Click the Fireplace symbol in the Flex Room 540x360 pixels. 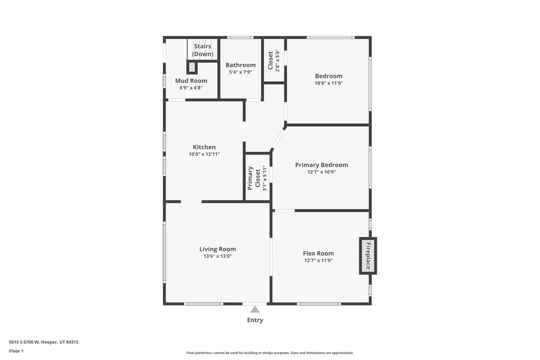pos(369,256)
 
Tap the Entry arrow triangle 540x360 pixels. pos(255,310)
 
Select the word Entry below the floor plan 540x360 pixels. pos(255,320)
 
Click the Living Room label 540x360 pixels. pos(217,249)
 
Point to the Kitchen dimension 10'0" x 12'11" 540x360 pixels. pos(204,154)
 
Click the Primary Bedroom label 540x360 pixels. pos(321,165)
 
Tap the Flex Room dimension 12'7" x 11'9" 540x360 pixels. pos(319,260)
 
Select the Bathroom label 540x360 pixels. pos(240,65)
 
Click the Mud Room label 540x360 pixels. pos(191,81)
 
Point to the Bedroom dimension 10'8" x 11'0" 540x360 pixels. pos(329,83)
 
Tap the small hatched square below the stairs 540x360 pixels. pos(192,67)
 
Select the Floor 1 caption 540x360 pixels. pos(16,351)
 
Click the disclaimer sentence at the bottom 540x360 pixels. pos(269,353)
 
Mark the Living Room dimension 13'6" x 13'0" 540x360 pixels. pos(217,256)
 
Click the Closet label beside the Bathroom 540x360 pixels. pos(271,60)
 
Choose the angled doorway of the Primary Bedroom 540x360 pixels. pos(278,138)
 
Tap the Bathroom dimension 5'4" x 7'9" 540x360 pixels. pos(240,72)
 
